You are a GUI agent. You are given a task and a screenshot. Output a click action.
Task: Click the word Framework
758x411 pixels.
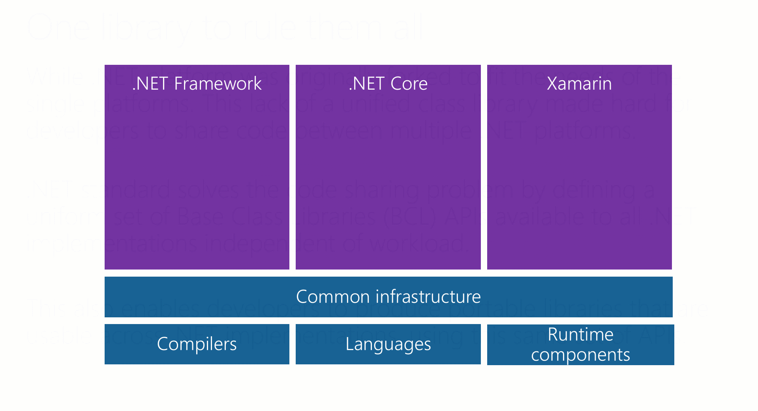coord(218,84)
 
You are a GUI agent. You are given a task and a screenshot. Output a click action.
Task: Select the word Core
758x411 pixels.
coord(409,84)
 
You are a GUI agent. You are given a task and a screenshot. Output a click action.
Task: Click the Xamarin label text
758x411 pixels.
coord(579,84)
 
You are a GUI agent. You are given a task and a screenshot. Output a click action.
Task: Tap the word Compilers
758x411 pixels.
coord(197,344)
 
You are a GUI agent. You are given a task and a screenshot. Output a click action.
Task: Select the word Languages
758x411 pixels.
coord(388,344)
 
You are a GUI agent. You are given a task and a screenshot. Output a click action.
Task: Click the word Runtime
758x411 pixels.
coord(580,335)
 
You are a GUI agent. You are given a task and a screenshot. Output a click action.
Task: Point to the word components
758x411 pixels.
coord(580,355)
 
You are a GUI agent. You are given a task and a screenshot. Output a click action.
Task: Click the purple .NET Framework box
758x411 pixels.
coord(197,178)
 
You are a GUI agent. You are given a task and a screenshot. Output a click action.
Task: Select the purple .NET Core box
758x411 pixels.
coord(388,178)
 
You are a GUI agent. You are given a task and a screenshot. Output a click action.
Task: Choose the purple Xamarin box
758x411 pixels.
coord(579,178)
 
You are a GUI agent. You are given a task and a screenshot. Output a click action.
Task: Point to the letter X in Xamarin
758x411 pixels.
coord(552,84)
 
